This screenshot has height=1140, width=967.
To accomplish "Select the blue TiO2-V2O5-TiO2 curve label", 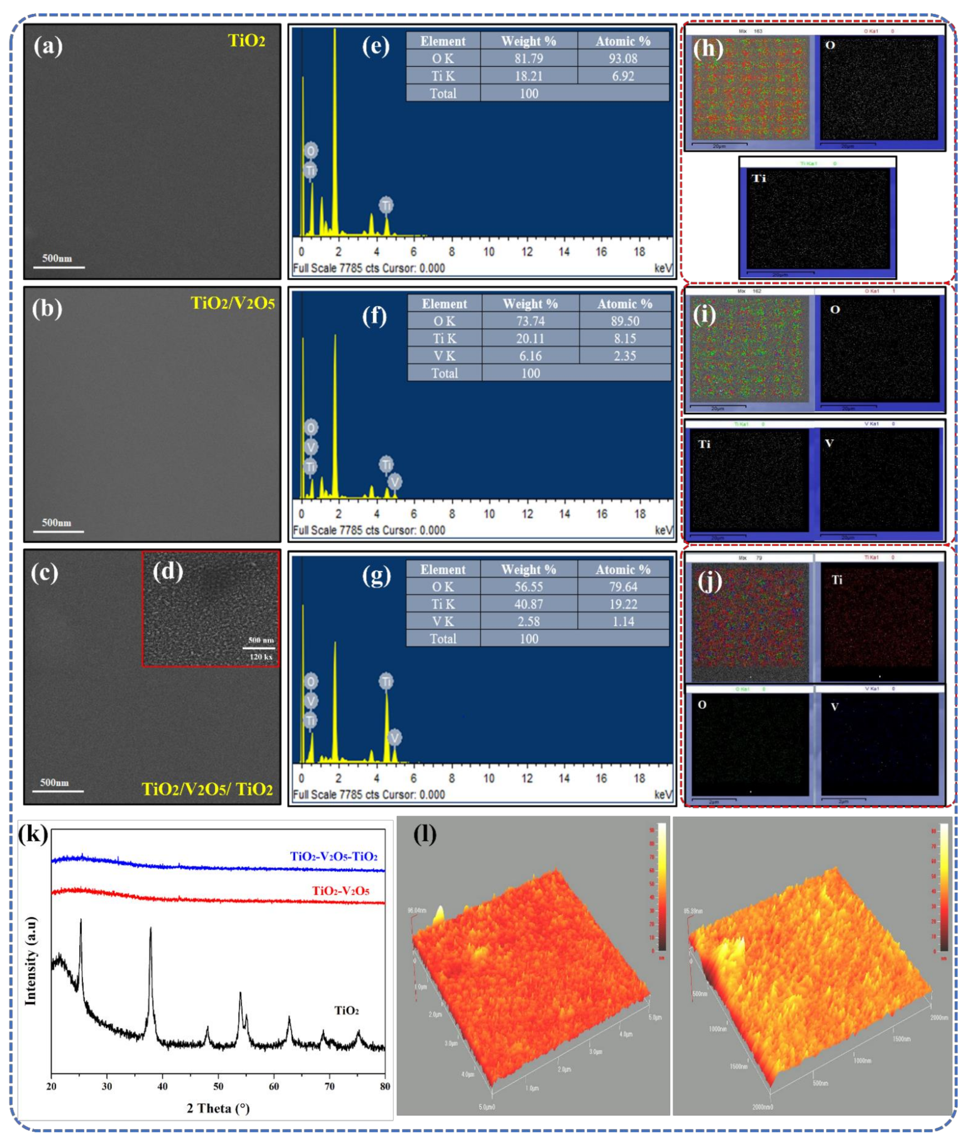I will click(333, 856).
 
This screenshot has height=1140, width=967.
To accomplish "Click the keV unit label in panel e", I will click(663, 268).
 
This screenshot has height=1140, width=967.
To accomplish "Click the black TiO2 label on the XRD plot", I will click(346, 1010).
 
